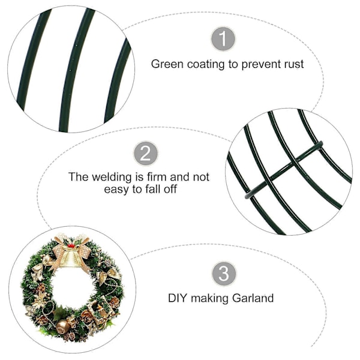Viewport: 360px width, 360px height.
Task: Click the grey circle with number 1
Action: (x=223, y=38)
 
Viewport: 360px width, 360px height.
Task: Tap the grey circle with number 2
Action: (x=146, y=154)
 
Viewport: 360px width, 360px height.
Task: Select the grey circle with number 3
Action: (x=224, y=274)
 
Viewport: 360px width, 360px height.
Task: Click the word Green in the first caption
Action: (x=167, y=64)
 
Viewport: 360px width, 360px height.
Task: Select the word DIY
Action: (x=178, y=298)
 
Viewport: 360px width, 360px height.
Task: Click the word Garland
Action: (x=253, y=298)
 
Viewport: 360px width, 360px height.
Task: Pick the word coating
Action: (x=206, y=65)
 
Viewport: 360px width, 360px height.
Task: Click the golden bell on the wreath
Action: (x=70, y=258)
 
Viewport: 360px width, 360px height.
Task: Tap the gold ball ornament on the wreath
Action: (x=62, y=327)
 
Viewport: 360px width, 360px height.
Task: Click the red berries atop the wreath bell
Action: (x=71, y=245)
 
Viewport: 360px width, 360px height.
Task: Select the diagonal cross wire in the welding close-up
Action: (x=284, y=170)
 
